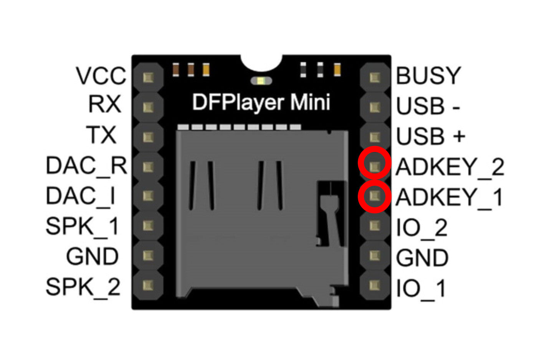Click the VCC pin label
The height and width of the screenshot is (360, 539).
(x=101, y=76)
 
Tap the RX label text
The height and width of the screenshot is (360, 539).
(x=104, y=104)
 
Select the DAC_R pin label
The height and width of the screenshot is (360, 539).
(x=86, y=165)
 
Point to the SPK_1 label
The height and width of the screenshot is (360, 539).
(x=83, y=226)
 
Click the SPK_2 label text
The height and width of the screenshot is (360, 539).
(x=83, y=286)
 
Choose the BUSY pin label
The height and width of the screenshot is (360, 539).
(x=428, y=76)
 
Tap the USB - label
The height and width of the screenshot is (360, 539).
(x=428, y=106)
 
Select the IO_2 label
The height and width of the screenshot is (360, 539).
(x=422, y=228)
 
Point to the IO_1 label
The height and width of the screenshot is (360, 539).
(x=420, y=288)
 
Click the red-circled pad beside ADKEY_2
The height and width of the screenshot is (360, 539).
(x=374, y=166)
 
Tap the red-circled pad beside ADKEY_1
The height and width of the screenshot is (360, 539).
(x=374, y=196)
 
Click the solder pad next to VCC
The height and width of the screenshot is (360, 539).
(x=148, y=78)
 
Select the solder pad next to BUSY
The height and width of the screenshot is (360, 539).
(x=374, y=78)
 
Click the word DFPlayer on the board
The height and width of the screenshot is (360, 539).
(x=238, y=102)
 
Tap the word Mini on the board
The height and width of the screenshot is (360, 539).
(x=310, y=102)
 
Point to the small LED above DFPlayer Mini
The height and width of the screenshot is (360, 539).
(x=261, y=81)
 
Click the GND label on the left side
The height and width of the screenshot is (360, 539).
(x=92, y=256)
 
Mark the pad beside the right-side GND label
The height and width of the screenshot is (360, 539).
(x=374, y=255)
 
